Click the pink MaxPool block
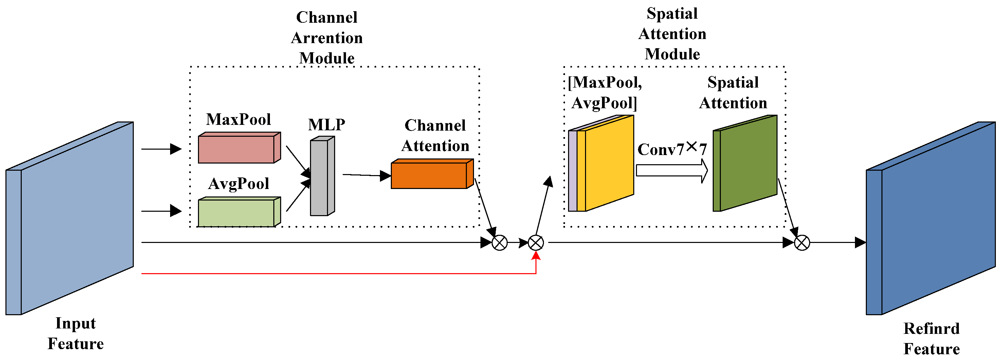click(239, 148)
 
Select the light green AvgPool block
click(239, 212)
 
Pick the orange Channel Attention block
click(432, 174)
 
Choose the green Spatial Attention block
click(745, 164)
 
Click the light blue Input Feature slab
click(70, 218)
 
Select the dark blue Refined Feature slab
click(931, 218)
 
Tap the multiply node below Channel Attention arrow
click(499, 243)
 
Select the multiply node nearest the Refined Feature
click(802, 243)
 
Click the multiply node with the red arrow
click(536, 243)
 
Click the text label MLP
click(327, 125)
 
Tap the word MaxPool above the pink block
click(238, 119)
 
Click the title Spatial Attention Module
click(672, 34)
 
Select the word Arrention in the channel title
click(327, 38)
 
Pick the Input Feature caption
click(75, 334)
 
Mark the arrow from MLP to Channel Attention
click(367, 175)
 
